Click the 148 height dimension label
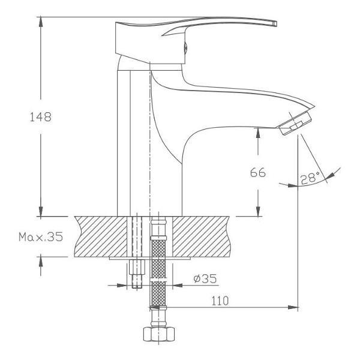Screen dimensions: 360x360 tap(41, 117)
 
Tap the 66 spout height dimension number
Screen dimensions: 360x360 tap(258, 172)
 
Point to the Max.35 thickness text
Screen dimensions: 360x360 tap(41, 237)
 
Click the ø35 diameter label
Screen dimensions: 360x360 tap(205, 279)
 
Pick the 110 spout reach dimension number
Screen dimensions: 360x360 tap(220, 301)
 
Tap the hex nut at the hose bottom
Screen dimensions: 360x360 tap(159, 334)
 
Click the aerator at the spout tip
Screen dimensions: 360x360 tap(295, 124)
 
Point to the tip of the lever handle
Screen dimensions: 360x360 tap(275, 23)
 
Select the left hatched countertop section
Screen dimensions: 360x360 tap(101, 236)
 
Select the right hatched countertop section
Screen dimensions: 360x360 tap(201, 236)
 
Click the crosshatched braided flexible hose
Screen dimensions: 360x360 tap(158, 271)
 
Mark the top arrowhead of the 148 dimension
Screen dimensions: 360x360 tap(41, 22)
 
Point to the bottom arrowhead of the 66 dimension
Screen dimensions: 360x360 tap(258, 211)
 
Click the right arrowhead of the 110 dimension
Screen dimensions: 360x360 tap(293, 307)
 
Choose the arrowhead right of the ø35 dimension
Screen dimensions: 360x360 tap(178, 286)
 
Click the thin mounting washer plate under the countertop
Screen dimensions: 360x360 tap(149, 258)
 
